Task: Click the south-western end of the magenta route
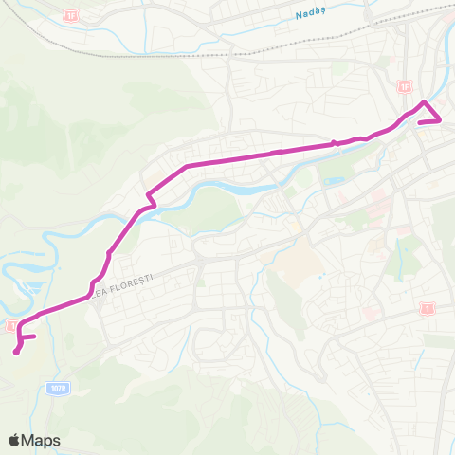pos(16,354)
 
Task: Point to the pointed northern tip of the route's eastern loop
pos(424,101)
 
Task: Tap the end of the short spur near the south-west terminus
pos(34,336)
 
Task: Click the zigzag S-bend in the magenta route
pos(147,202)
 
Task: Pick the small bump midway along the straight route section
pos(334,144)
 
